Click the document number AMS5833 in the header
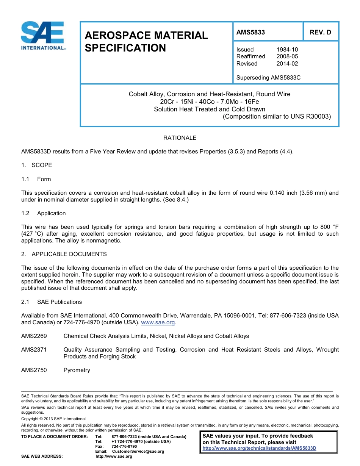click(x=250, y=32)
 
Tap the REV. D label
click(x=320, y=32)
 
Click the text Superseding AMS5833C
click(x=268, y=78)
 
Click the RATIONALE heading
click(x=180, y=138)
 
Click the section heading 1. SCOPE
click(x=37, y=165)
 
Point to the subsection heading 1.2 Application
click(x=44, y=213)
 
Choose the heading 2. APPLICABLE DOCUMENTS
click(x=64, y=254)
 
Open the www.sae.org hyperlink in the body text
click(x=158, y=323)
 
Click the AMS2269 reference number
click(x=34, y=336)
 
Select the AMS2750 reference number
click(x=34, y=370)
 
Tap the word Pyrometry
click(x=77, y=370)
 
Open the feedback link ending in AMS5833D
click(x=259, y=448)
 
